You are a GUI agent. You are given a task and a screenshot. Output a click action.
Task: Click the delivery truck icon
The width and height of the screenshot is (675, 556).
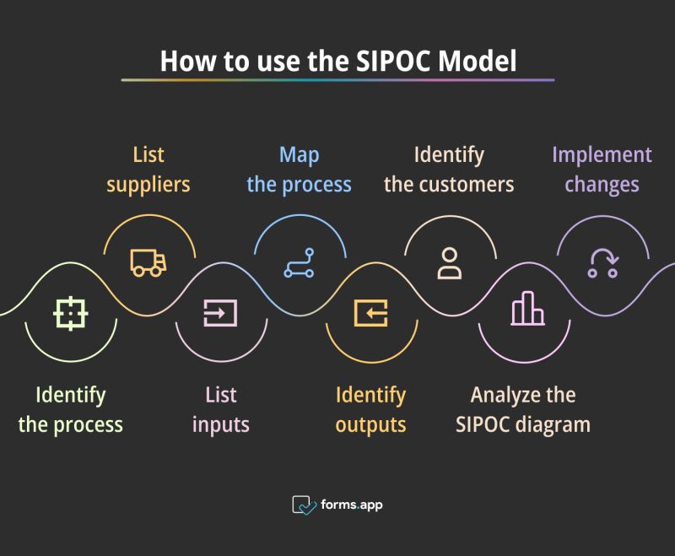click(148, 262)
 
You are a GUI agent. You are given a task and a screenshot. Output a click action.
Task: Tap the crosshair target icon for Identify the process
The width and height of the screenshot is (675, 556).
click(71, 313)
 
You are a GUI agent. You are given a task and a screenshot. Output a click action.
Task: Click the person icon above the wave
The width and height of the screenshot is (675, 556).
click(450, 262)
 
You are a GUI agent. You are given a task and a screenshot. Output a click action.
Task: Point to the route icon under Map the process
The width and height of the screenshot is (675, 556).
click(299, 262)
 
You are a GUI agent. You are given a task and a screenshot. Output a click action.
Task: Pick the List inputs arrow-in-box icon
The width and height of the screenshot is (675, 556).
click(220, 313)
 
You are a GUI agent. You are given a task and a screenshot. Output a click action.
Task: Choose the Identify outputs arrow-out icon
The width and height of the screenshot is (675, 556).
click(371, 313)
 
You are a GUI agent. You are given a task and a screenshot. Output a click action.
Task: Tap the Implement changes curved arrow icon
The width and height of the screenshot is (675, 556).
click(602, 262)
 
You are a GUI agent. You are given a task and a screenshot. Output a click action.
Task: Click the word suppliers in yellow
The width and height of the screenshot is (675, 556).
click(148, 183)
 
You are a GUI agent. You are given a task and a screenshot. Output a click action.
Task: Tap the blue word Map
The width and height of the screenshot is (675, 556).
click(300, 155)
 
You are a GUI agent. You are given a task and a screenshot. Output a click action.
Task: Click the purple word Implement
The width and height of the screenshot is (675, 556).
click(602, 155)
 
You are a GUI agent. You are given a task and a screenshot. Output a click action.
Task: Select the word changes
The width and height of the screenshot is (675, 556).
click(602, 183)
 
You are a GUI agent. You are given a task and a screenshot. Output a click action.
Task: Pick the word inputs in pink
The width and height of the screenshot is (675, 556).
click(221, 424)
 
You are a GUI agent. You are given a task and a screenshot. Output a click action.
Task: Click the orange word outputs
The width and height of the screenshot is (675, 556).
click(371, 424)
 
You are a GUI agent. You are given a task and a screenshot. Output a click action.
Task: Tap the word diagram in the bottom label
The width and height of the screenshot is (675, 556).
click(553, 424)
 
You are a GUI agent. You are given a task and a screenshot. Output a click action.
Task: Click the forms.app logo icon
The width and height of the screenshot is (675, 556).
click(304, 505)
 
